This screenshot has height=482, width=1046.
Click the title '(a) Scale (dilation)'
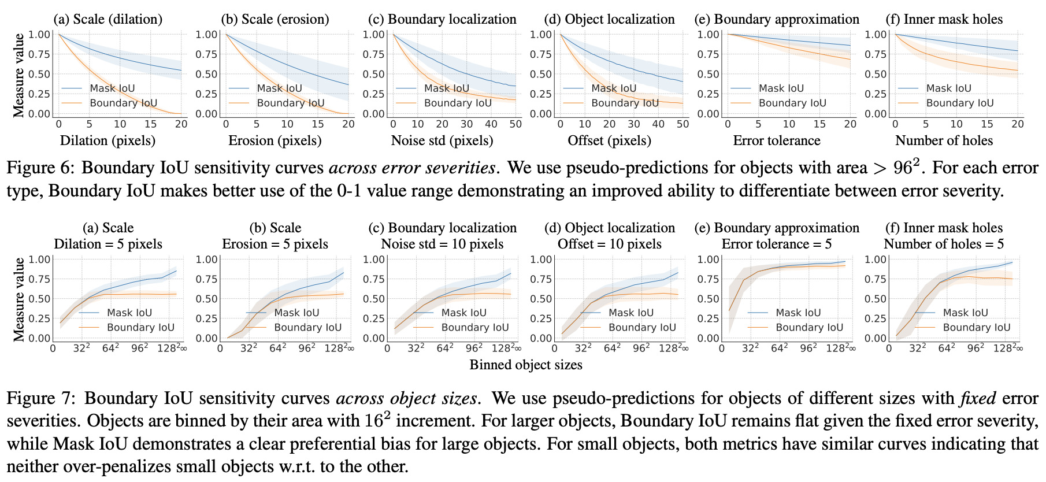click(x=108, y=19)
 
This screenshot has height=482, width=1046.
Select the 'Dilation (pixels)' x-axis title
click(x=108, y=140)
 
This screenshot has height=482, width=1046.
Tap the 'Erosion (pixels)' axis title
click(x=275, y=140)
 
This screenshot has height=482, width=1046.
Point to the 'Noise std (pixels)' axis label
click(x=442, y=140)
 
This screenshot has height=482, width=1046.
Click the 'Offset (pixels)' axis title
click(x=609, y=140)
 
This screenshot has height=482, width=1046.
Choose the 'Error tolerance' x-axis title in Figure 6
click(x=777, y=140)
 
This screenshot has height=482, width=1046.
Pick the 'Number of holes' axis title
click(x=944, y=140)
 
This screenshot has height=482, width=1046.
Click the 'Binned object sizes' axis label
click(x=526, y=365)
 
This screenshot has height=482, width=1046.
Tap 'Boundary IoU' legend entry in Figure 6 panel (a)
click(x=123, y=103)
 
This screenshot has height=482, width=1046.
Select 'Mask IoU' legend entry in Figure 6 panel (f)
click(x=948, y=88)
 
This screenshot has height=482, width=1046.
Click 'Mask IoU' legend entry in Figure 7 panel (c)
click(x=463, y=313)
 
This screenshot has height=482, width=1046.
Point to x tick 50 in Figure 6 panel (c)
click(x=515, y=124)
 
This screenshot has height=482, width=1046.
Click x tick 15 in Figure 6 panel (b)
click(x=318, y=124)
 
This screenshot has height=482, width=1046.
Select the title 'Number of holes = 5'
click(x=944, y=244)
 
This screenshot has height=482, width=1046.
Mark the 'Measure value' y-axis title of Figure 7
click(x=19, y=299)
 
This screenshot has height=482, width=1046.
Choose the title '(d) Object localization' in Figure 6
click(x=609, y=19)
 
